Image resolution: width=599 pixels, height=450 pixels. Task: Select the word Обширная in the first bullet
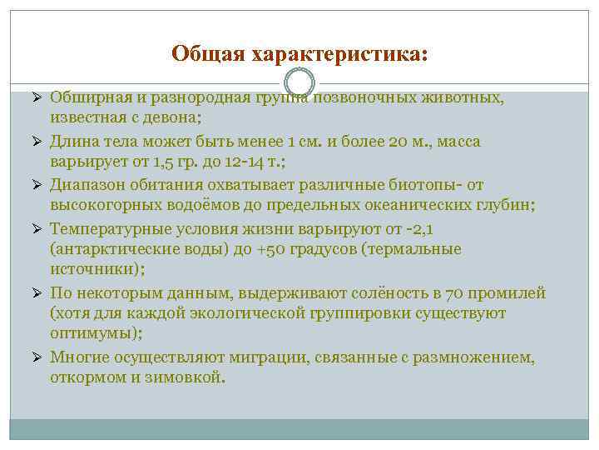click(83, 98)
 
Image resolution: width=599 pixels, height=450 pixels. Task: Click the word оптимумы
click(94, 335)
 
